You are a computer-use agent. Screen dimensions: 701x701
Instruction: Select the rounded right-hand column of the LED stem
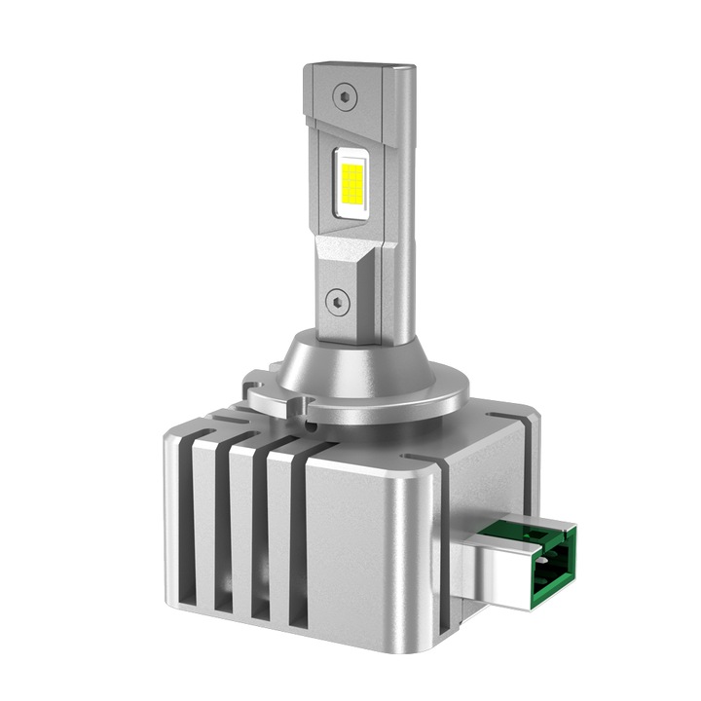(x=399, y=195)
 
